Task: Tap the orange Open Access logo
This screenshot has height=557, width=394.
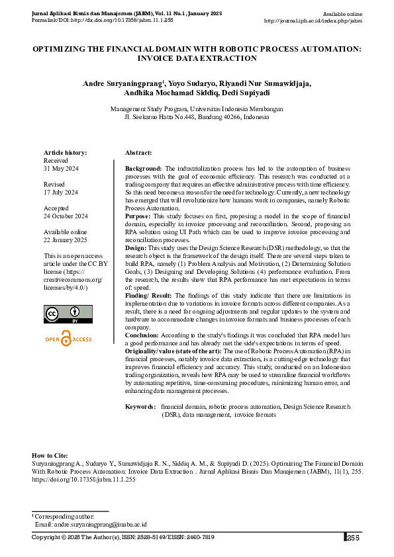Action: [68, 339]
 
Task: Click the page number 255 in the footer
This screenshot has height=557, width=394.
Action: [353, 537]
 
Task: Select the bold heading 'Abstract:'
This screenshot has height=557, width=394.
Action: [138, 153]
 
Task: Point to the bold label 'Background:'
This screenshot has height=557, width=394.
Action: [144, 169]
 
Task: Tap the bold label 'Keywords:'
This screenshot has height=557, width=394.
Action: [140, 406]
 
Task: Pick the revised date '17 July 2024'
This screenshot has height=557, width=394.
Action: [61, 192]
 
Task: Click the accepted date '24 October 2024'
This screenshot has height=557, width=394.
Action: [66, 216]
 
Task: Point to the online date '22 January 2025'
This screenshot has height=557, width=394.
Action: [65, 239]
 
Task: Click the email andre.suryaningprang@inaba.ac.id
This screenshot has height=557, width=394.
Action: [90, 524]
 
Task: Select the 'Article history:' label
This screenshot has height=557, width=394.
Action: [65, 153]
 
